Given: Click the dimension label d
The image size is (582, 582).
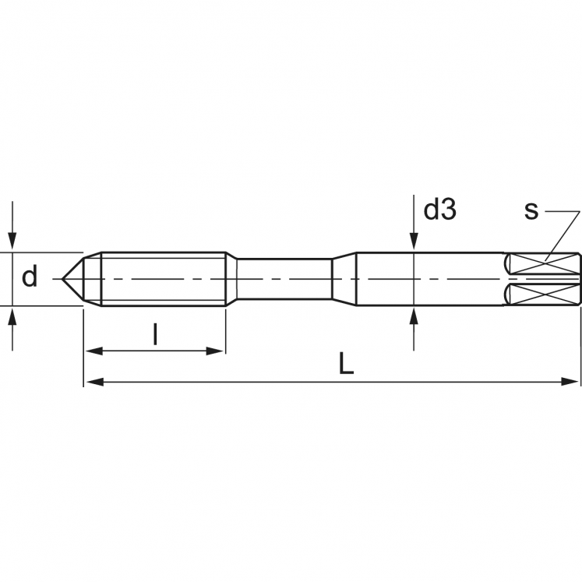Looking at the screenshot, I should click(30, 277).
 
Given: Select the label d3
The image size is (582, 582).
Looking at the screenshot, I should click(439, 210).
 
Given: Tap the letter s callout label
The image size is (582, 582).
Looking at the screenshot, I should click(531, 210).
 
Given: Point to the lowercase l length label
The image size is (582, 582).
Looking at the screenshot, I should click(155, 334).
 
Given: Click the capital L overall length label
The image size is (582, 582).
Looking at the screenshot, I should click(347, 364).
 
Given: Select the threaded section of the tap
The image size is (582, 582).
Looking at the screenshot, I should click(164, 279).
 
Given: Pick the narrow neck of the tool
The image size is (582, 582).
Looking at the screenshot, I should click(284, 279).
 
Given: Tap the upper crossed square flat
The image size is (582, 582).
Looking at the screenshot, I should click(543, 263).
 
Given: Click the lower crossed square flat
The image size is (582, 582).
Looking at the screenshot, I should click(543, 295).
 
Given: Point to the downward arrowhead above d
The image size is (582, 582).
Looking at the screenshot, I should click(12, 243).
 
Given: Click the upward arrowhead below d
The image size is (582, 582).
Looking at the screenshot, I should click(12, 316).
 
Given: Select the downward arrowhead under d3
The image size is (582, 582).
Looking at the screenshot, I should click(413, 243).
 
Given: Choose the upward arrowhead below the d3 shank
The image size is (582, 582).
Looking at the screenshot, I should click(413, 316).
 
